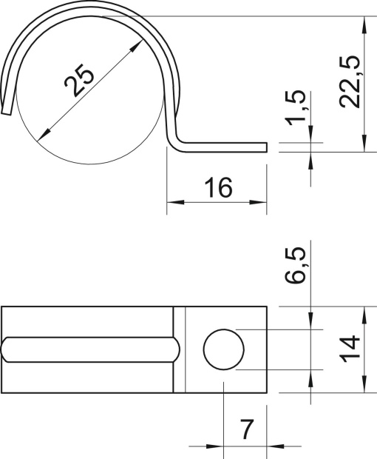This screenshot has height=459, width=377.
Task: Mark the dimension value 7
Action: pos(246,429)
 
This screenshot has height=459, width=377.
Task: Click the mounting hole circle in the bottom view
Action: pos(223,349)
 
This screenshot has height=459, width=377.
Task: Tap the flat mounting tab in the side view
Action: pos(222,146)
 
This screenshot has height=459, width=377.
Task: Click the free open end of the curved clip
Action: pos(7,110)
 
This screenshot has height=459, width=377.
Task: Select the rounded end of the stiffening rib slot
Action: pos(176,349)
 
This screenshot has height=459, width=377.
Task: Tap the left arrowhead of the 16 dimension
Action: pos(172,201)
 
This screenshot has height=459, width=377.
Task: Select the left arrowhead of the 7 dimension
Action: pos(217,446)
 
